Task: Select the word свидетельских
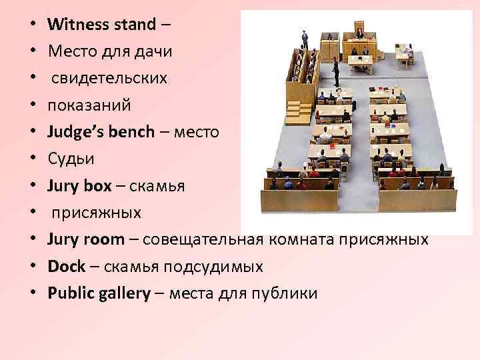pos(107,79)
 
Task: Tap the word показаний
pos(89,105)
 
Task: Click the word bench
pos(130,131)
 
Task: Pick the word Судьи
pos(69,158)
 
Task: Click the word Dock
pos(66,266)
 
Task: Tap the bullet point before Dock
pos(33,267)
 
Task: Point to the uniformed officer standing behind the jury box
pos(305,37)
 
